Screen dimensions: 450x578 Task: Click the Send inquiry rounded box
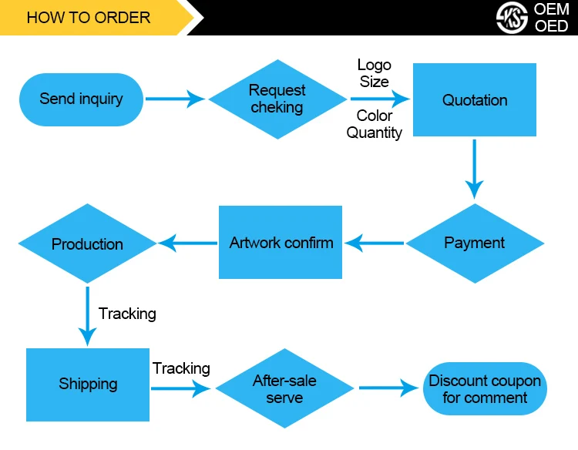pos(81,99)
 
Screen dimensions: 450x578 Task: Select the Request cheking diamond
pos(277,99)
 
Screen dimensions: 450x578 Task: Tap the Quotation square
pos(475,100)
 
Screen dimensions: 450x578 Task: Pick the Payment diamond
pos(475,243)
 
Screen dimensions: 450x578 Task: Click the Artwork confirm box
pos(281,243)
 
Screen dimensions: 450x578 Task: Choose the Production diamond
pos(87,243)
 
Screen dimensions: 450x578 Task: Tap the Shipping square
pos(88,384)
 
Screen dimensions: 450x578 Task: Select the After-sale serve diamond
pos(284,388)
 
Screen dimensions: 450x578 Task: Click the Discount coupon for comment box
pos(485,389)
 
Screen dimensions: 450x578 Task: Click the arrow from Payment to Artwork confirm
pos(375,243)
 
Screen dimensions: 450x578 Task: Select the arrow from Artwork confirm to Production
pos(188,243)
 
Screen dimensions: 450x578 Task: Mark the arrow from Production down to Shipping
pos(88,316)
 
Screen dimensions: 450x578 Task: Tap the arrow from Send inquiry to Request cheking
pos(175,99)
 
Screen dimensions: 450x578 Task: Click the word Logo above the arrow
pos(375,65)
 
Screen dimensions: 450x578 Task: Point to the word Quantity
pos(375,133)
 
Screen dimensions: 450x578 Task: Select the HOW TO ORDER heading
pos(89,17)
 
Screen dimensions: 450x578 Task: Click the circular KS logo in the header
pos(512,17)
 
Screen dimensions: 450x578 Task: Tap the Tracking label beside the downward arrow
pos(127,314)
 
